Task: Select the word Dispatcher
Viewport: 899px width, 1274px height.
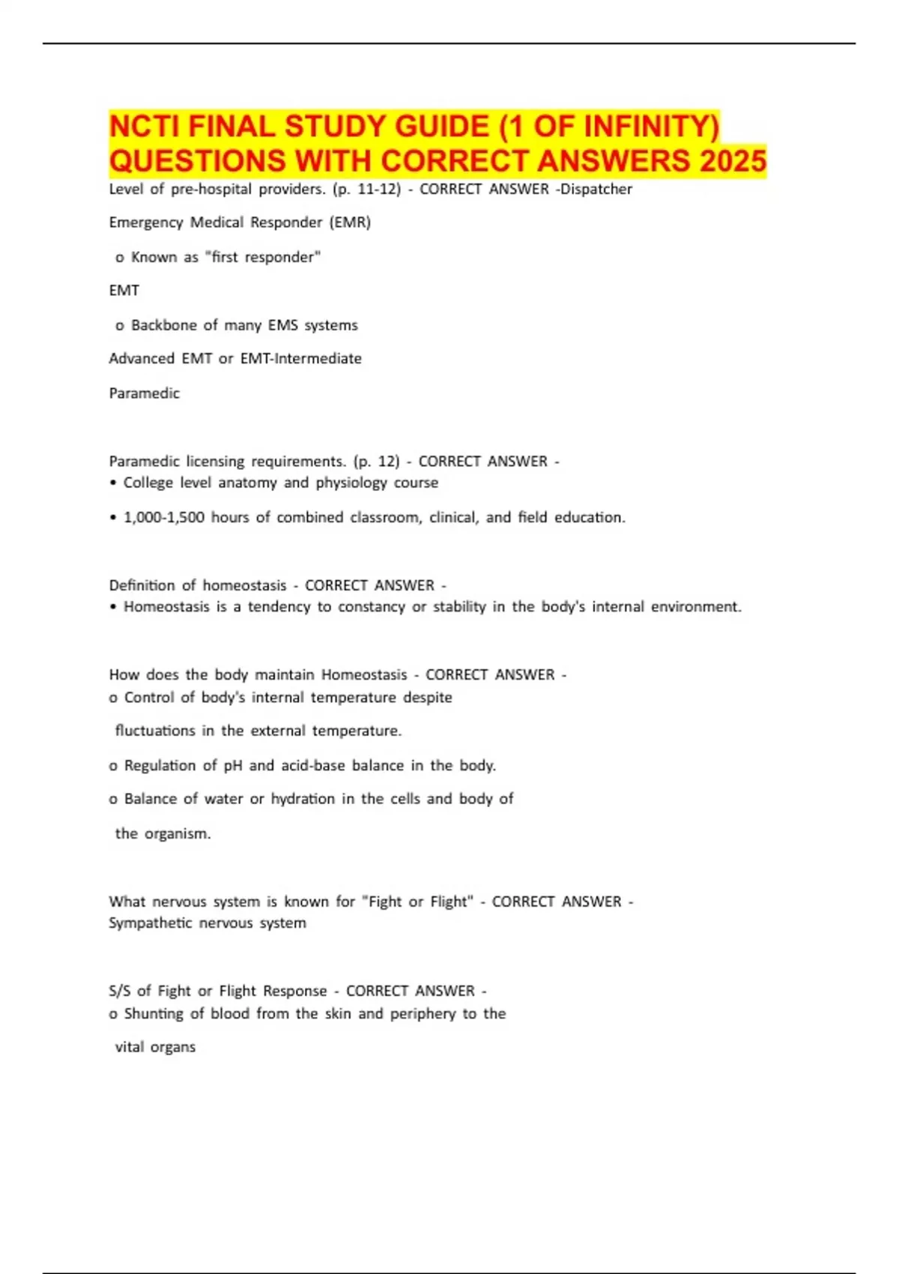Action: [x=596, y=189]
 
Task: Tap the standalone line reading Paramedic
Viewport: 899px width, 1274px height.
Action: [x=145, y=393]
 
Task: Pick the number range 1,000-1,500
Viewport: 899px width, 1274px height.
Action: [x=163, y=517]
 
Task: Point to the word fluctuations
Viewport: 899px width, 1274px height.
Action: [x=155, y=731]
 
